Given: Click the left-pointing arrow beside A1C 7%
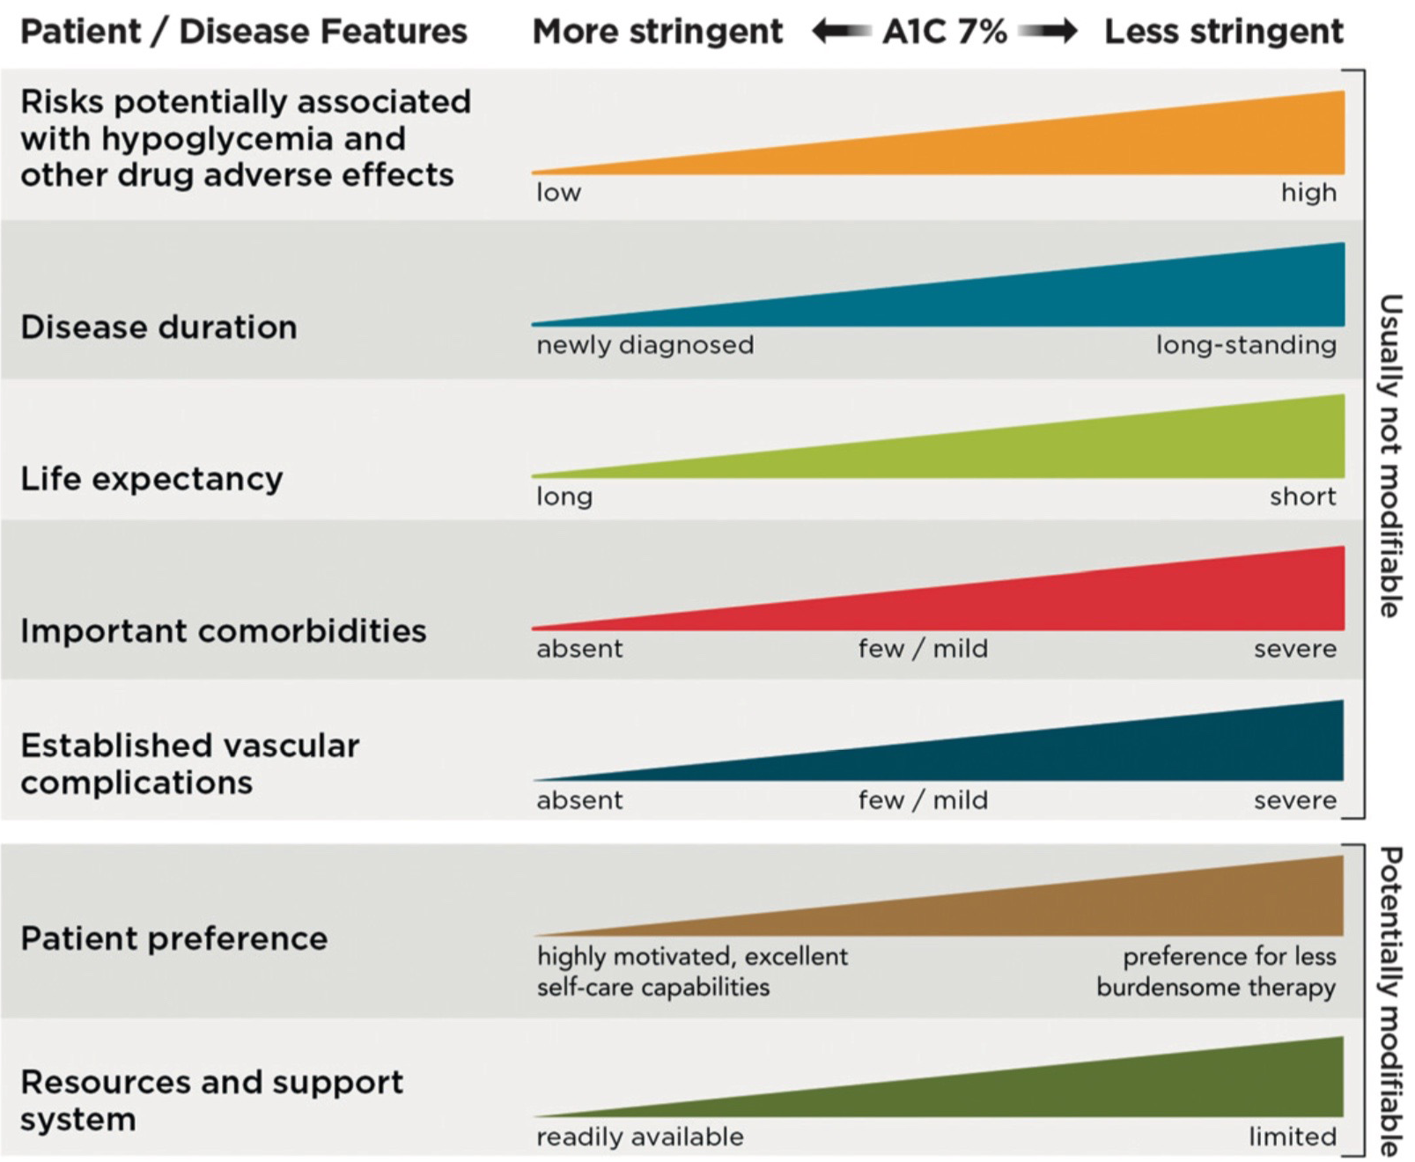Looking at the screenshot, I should pyautogui.click(x=841, y=32).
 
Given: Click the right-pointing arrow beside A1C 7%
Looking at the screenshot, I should pyautogui.click(x=1048, y=32).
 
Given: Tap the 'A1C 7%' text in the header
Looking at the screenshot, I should pyautogui.click(x=944, y=32).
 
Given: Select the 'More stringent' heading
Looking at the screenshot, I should pyautogui.click(x=657, y=32).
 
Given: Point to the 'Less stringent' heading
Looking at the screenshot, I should pyautogui.click(x=1223, y=32).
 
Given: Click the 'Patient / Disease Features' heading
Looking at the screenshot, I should pyautogui.click(x=243, y=32).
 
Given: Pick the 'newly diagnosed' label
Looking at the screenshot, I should pyautogui.click(x=645, y=344).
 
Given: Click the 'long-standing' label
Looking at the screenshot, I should pyautogui.click(x=1245, y=344).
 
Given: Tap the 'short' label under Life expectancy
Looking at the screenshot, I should pyautogui.click(x=1302, y=496).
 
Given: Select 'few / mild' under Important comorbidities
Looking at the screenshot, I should pyautogui.click(x=923, y=649).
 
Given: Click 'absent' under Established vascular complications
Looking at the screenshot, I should pyautogui.click(x=579, y=800).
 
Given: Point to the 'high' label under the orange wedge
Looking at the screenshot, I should pyautogui.click(x=1308, y=193).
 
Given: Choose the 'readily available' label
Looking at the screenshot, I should pyautogui.click(x=640, y=1136).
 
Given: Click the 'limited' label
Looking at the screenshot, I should pyautogui.click(x=1292, y=1136).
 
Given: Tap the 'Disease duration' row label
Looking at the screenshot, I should pyautogui.click(x=158, y=327).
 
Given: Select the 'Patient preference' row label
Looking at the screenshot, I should pyautogui.click(x=173, y=938).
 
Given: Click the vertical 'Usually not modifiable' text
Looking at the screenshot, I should pyautogui.click(x=1389, y=455).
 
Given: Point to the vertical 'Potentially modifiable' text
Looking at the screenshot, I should pyautogui.click(x=1389, y=1001).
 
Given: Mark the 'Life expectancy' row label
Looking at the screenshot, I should pyautogui.click(x=151, y=479).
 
